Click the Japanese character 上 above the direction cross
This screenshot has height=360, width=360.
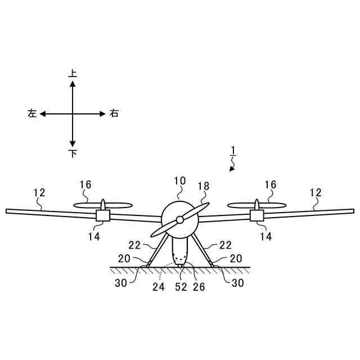click(x=73, y=73)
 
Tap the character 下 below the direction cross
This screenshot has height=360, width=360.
click(x=73, y=154)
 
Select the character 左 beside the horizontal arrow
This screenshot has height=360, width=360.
click(x=31, y=114)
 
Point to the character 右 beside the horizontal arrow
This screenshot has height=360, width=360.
click(x=114, y=114)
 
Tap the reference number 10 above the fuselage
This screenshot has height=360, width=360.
click(x=179, y=181)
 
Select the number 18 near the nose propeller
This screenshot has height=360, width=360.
click(x=204, y=186)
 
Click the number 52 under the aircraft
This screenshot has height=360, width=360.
click(x=181, y=286)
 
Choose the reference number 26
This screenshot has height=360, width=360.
click(x=199, y=286)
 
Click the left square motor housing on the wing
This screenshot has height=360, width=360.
click(x=103, y=215)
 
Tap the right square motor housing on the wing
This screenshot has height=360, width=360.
click(x=256, y=215)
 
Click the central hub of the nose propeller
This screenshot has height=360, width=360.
click(x=179, y=219)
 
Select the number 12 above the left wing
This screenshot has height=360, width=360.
click(x=39, y=192)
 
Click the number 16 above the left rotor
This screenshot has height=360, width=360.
click(x=85, y=184)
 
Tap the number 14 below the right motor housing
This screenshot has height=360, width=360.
click(x=265, y=237)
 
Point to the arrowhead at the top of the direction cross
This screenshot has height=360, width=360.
click(x=73, y=83)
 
